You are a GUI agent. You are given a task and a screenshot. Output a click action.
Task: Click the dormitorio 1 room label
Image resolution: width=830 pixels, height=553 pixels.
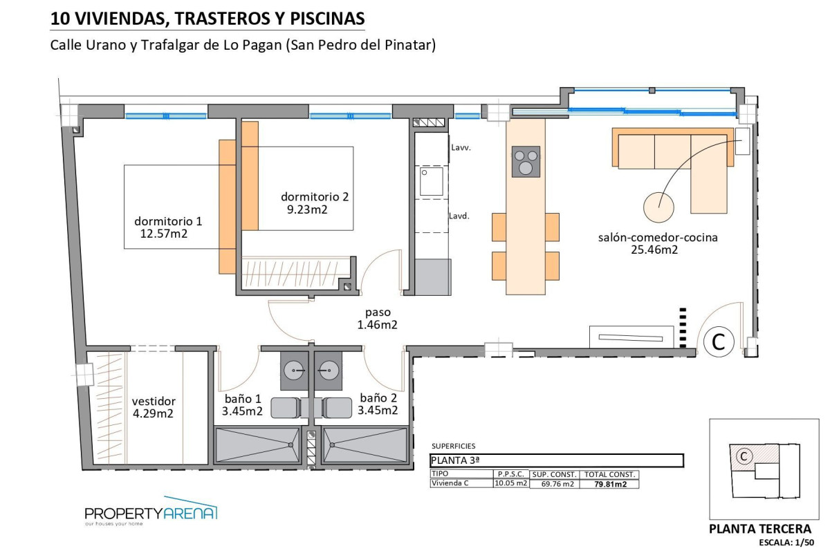[x=168, y=222]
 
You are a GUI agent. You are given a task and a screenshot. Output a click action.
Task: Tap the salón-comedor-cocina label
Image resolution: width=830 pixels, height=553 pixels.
[x=658, y=237]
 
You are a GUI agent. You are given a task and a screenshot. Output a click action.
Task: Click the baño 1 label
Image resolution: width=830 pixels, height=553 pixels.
[x=243, y=398]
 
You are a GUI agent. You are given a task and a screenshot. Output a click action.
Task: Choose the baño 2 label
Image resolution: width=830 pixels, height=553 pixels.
[x=378, y=398]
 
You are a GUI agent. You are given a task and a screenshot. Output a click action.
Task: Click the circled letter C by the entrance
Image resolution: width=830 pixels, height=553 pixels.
[x=719, y=341]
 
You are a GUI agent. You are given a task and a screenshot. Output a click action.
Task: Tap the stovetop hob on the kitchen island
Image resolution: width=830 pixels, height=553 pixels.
[x=526, y=161]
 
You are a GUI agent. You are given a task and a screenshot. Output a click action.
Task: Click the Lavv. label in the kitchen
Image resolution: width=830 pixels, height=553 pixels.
[x=461, y=148]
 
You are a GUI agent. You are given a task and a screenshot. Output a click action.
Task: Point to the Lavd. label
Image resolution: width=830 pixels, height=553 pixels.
[x=460, y=216]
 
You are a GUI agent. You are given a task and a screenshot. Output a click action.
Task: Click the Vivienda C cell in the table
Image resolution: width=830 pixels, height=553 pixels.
[x=450, y=483]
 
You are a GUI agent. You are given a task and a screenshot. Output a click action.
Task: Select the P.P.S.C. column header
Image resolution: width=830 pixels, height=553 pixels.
[x=510, y=475]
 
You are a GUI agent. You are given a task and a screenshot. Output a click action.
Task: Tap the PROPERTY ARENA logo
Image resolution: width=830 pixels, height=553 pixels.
[x=151, y=513]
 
